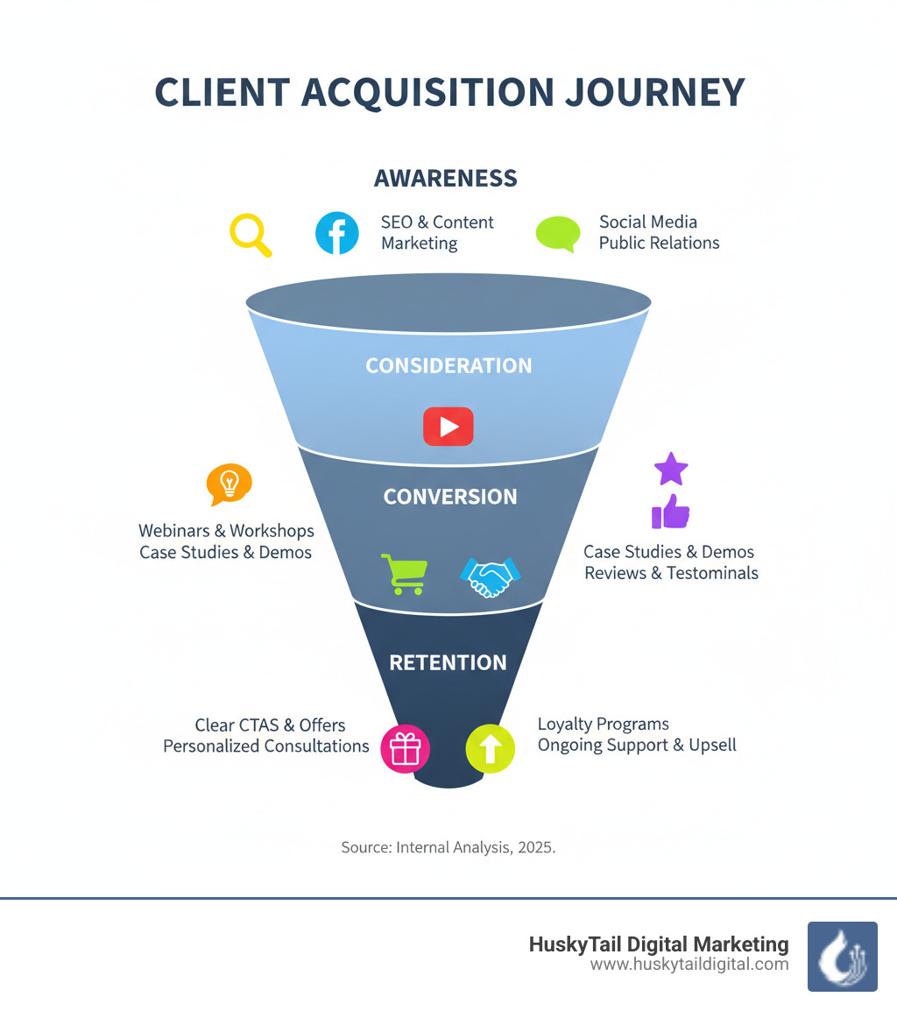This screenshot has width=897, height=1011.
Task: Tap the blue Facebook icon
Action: tap(337, 233)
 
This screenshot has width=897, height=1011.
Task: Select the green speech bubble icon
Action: tap(558, 234)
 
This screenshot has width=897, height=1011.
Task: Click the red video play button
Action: tap(448, 427)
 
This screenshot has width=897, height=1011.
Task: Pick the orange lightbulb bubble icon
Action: tap(229, 484)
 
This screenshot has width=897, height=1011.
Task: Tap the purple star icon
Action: tap(671, 470)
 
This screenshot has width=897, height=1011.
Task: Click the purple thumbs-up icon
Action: tap(670, 512)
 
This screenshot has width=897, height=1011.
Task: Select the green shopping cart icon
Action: tap(404, 574)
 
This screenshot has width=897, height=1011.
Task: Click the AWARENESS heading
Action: tap(446, 179)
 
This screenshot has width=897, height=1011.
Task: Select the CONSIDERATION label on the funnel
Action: tap(448, 365)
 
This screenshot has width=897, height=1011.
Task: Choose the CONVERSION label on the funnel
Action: tap(450, 497)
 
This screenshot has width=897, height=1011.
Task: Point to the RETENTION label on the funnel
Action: tap(448, 662)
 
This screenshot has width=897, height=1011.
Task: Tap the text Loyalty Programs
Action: tap(603, 725)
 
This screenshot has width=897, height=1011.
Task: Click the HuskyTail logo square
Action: tap(842, 956)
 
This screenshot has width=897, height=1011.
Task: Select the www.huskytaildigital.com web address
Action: tap(689, 965)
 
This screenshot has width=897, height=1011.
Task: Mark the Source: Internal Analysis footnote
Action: tap(448, 848)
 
